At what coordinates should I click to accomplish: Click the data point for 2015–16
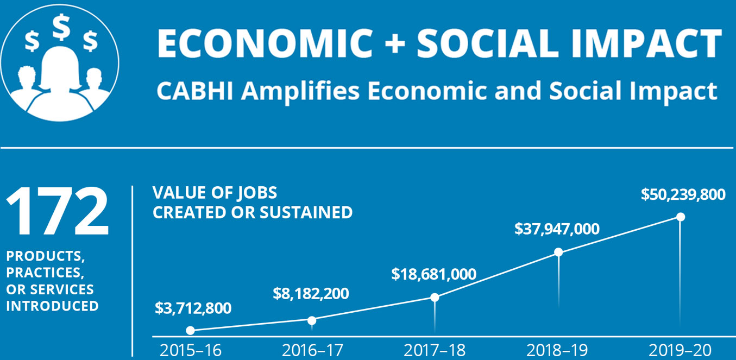point(190,331)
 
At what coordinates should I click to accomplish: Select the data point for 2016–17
point(312,320)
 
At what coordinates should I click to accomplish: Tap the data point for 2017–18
point(435,297)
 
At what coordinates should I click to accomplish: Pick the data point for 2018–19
point(558,252)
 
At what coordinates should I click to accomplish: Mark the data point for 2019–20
point(681,217)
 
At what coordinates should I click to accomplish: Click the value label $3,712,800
point(193,308)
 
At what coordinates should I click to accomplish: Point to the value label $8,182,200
point(311,293)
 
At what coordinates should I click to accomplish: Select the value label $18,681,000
point(433,274)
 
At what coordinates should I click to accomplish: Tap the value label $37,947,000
point(557,229)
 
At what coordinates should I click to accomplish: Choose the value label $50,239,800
point(683,194)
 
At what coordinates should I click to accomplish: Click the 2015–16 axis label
point(191,350)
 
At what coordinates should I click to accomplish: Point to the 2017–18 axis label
point(435,350)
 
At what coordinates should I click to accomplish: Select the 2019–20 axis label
point(680,350)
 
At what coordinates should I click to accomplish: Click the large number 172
point(58,211)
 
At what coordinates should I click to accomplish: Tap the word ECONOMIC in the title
point(266,43)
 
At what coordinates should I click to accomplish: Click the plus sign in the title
point(395,43)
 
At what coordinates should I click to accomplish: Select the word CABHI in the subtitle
point(195,91)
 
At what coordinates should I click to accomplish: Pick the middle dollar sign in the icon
point(61,27)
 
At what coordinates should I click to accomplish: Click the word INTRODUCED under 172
point(53,306)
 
